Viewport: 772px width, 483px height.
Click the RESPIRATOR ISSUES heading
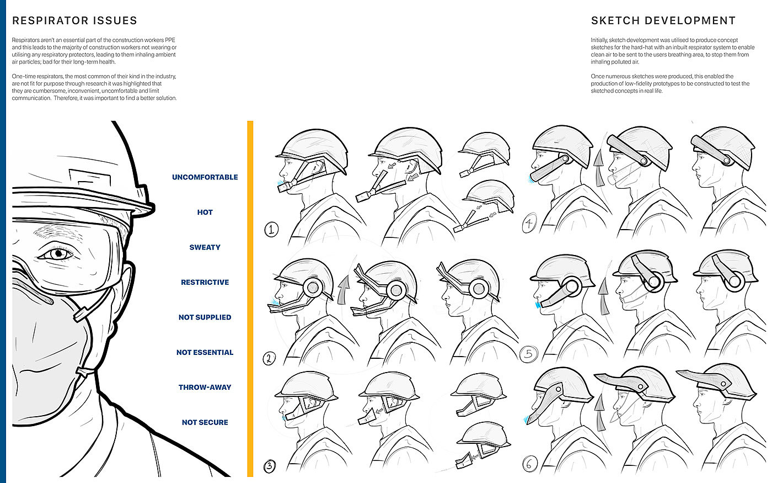74,21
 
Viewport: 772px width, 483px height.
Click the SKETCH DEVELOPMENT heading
663,21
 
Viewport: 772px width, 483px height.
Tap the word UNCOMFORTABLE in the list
205,177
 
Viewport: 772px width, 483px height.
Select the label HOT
205,212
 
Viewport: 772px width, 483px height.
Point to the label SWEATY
205,247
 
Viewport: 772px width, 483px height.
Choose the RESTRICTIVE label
205,282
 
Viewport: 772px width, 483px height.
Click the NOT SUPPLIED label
205,317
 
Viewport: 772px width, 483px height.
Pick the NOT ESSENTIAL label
205,352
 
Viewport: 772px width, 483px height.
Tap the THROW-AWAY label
205,388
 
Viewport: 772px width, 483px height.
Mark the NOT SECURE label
205,422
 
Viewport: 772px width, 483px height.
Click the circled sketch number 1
271,229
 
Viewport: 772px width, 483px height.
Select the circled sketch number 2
269,358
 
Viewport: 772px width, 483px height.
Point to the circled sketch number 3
269,466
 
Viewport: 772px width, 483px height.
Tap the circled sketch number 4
529,224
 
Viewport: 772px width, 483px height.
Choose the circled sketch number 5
528,353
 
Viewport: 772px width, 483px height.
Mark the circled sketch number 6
529,464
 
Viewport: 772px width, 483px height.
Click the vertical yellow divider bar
250,298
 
